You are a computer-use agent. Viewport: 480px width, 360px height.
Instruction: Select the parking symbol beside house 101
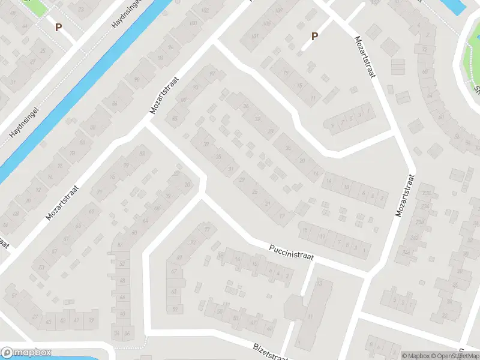tap(314, 37)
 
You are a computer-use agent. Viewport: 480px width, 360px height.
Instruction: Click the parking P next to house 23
tap(58, 27)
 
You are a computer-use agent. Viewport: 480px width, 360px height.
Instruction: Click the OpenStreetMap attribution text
tap(452, 356)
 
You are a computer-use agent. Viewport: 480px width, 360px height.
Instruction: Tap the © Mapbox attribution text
tap(416, 356)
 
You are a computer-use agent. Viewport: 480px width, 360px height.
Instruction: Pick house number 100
tap(193, 23)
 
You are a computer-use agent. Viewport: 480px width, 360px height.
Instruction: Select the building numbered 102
tap(205, 10)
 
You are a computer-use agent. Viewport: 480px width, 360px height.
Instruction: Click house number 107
tap(278, 10)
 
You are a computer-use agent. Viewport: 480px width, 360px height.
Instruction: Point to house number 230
tap(427, 193)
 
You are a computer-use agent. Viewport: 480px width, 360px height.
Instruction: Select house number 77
tap(208, 229)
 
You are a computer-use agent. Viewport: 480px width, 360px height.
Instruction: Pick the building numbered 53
tap(41, 267)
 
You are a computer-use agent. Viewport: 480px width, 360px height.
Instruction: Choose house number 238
tap(420, 222)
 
